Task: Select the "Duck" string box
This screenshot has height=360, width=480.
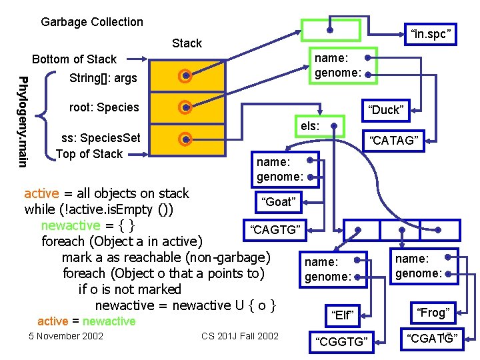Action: [x=387, y=110]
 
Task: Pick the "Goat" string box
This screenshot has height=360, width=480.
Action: [x=278, y=201]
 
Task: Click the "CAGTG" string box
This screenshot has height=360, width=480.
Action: [x=275, y=230]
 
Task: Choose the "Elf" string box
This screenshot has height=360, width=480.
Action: [x=342, y=315]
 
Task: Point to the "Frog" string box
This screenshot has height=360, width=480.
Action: [x=433, y=312]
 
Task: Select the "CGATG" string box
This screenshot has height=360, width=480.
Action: [x=432, y=339]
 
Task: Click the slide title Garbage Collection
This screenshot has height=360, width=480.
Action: [x=92, y=22]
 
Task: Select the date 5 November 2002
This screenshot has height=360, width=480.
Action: [x=66, y=335]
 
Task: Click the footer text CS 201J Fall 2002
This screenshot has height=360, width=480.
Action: [x=240, y=335]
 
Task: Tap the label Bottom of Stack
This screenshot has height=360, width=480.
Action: [x=74, y=59]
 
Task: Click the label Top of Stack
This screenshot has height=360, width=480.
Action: [x=89, y=154]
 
